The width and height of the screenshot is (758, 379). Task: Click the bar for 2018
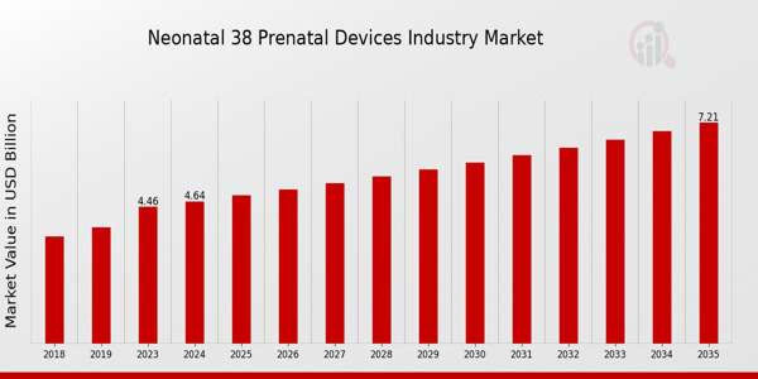(54, 289)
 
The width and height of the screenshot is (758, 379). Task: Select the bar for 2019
(101, 285)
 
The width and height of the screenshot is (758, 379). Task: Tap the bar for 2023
(148, 275)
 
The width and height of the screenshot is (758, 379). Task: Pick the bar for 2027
(335, 263)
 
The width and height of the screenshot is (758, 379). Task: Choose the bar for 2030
(475, 253)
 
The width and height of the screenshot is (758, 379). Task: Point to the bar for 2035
(708, 232)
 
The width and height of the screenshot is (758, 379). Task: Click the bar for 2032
(568, 245)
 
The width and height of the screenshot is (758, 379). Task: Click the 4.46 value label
(148, 201)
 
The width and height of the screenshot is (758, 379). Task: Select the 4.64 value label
(195, 196)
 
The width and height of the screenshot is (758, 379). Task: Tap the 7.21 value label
(708, 117)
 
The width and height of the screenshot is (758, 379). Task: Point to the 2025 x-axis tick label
(241, 355)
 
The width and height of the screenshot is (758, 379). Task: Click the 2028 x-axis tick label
(382, 355)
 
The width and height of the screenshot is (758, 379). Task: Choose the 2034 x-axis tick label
(661, 355)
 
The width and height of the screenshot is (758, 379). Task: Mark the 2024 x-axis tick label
(195, 355)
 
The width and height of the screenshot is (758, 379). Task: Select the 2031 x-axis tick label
(522, 355)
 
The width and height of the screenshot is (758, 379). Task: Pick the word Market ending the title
(513, 38)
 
